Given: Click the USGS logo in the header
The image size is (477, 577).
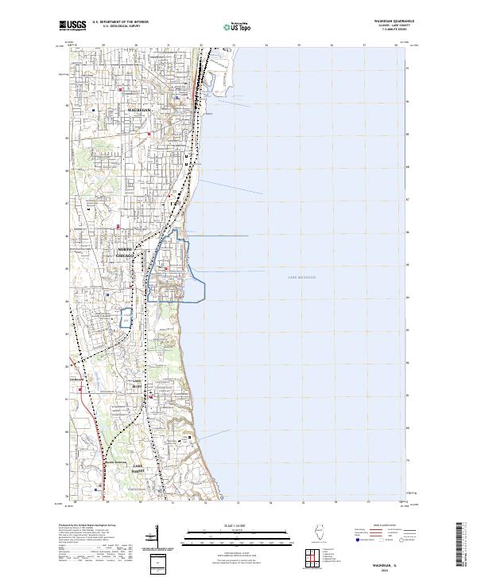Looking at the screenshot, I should click(72, 25).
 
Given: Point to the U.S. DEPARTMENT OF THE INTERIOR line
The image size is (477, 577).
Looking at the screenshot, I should click(120, 22).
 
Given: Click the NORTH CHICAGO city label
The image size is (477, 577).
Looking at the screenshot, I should click(129, 252).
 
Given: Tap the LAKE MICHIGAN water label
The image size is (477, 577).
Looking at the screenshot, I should click(301, 277).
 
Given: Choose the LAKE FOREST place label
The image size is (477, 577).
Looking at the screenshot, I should click(138, 466).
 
